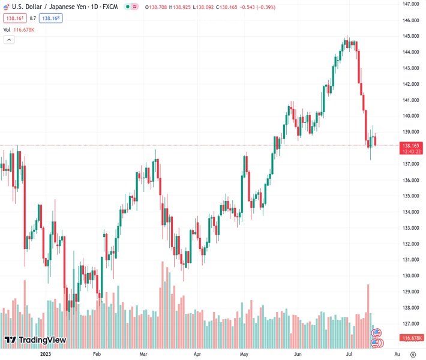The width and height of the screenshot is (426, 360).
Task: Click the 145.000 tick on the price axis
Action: click(x=410, y=36)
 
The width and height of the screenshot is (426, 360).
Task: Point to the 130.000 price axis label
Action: click(x=410, y=276)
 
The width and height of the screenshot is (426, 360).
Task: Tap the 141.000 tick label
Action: click(x=410, y=100)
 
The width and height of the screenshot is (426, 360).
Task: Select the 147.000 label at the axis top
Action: click(x=410, y=4)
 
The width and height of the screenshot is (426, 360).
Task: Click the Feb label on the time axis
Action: click(x=97, y=354)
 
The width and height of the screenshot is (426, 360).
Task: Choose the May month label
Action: click(x=244, y=354)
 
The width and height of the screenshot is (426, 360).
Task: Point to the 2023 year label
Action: click(x=45, y=354)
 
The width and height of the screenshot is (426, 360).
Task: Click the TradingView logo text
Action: click(x=42, y=340)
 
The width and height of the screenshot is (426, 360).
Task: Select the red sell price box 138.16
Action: click(x=13, y=18)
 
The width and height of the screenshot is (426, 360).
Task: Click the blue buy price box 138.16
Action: click(x=51, y=18)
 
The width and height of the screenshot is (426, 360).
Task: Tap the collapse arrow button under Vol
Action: click(x=9, y=40)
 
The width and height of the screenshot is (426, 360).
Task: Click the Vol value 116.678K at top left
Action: click(x=26, y=29)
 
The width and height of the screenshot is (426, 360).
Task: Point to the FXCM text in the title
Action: click(x=110, y=7)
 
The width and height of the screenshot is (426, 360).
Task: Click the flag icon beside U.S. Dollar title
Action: click(x=6, y=7)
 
